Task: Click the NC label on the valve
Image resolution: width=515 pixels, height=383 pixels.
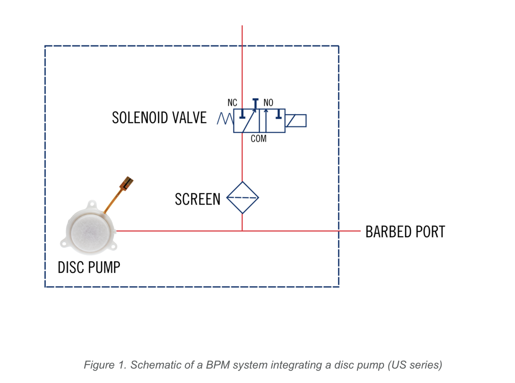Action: [x=232, y=103]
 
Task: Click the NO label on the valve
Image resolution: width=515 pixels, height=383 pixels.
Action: [x=268, y=103]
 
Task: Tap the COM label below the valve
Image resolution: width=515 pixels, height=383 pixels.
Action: [x=258, y=139]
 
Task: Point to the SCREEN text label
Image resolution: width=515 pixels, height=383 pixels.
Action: [x=198, y=199]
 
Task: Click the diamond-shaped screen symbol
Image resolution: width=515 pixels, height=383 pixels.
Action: [x=242, y=198]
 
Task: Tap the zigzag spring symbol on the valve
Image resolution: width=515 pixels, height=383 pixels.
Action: [x=225, y=119]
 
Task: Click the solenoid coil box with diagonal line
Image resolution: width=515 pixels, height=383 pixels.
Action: [x=296, y=121]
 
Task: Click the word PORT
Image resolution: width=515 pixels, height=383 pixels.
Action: [x=430, y=232]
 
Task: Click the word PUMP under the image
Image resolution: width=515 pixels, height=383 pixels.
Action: [x=104, y=268]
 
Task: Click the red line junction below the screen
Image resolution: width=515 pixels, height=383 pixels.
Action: [x=242, y=231]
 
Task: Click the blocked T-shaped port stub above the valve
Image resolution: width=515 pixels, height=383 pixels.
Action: [x=255, y=103]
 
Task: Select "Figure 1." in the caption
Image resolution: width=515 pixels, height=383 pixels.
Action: [x=105, y=365]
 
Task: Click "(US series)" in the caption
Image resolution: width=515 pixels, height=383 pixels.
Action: [x=415, y=365]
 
